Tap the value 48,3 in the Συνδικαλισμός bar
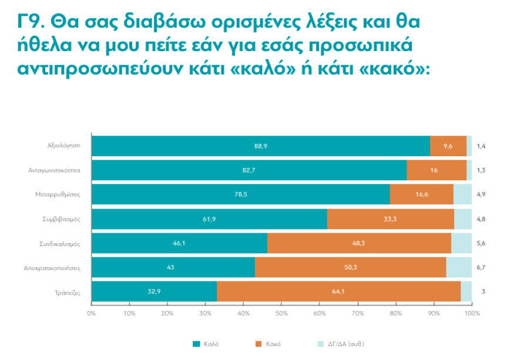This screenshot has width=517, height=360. [x=358, y=243]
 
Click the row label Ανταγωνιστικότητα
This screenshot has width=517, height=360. [x=55, y=170]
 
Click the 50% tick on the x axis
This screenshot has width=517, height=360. [x=281, y=314]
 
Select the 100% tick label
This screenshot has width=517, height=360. [x=472, y=314]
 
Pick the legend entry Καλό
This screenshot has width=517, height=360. [x=206, y=344]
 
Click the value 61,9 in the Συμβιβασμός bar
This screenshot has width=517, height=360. [x=209, y=218]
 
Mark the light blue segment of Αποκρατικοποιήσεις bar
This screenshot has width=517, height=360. [x=459, y=267]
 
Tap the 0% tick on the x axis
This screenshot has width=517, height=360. [x=91, y=314]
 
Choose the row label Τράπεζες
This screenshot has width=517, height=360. [x=68, y=291]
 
